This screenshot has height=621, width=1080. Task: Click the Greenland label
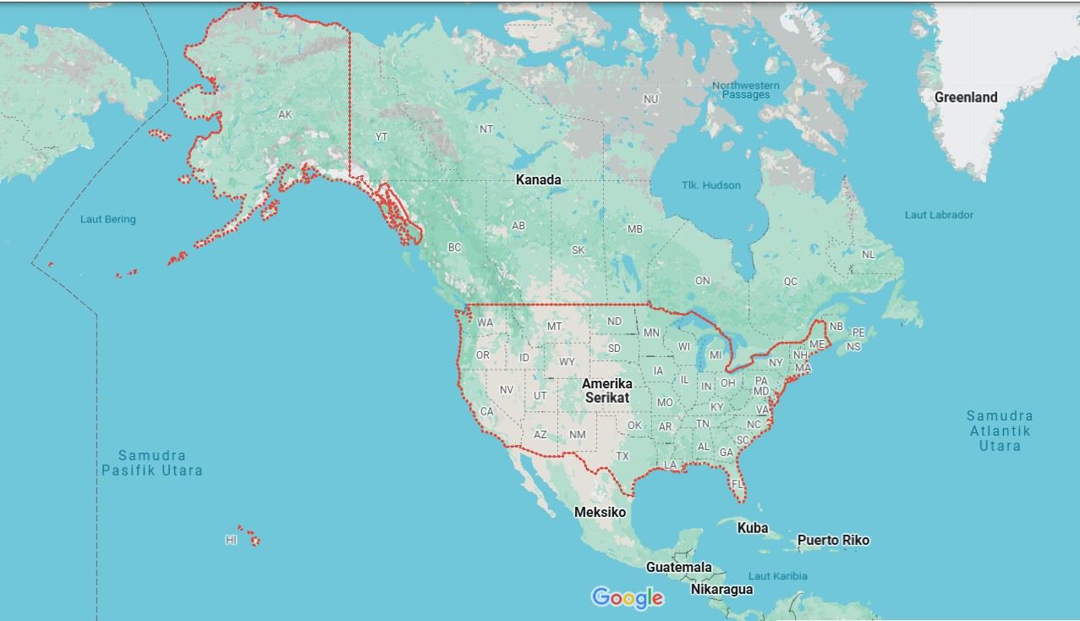pyautogui.click(x=965, y=97)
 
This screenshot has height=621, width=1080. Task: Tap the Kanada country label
pyautogui.click(x=538, y=180)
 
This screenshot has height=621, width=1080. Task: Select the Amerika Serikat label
pyautogui.click(x=606, y=390)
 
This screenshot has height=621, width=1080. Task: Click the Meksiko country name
pyautogui.click(x=600, y=512)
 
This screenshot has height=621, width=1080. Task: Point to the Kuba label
pyautogui.click(x=752, y=528)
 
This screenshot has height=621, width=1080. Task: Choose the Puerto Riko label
pyautogui.click(x=833, y=540)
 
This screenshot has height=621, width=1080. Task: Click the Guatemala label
pyautogui.click(x=678, y=567)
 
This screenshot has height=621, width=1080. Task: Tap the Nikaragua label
pyautogui.click(x=721, y=589)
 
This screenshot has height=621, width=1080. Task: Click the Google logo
pyautogui.click(x=628, y=598)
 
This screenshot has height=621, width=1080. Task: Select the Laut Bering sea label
pyautogui.click(x=107, y=220)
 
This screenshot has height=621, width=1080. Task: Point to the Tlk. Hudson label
pyautogui.click(x=711, y=185)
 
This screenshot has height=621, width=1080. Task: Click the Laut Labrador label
pyautogui.click(x=939, y=215)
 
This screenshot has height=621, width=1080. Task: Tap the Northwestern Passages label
pyautogui.click(x=745, y=90)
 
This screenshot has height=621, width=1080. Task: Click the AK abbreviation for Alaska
pyautogui.click(x=285, y=114)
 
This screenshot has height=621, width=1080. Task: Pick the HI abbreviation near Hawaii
pyautogui.click(x=231, y=540)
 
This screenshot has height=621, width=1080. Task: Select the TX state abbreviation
pyautogui.click(x=622, y=456)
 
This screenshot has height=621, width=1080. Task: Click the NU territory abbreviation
pyautogui.click(x=650, y=99)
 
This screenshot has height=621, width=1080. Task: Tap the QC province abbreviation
pyautogui.click(x=790, y=282)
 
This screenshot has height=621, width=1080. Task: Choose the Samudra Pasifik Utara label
pyautogui.click(x=152, y=463)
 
